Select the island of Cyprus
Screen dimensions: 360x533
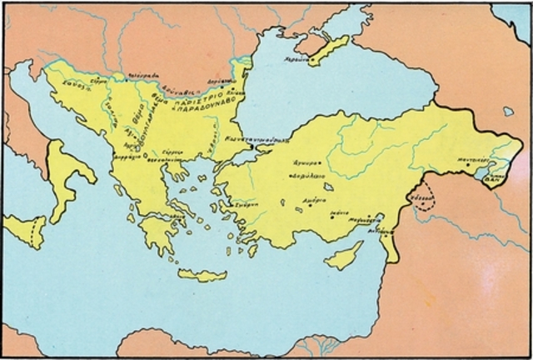tap(343, 255)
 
